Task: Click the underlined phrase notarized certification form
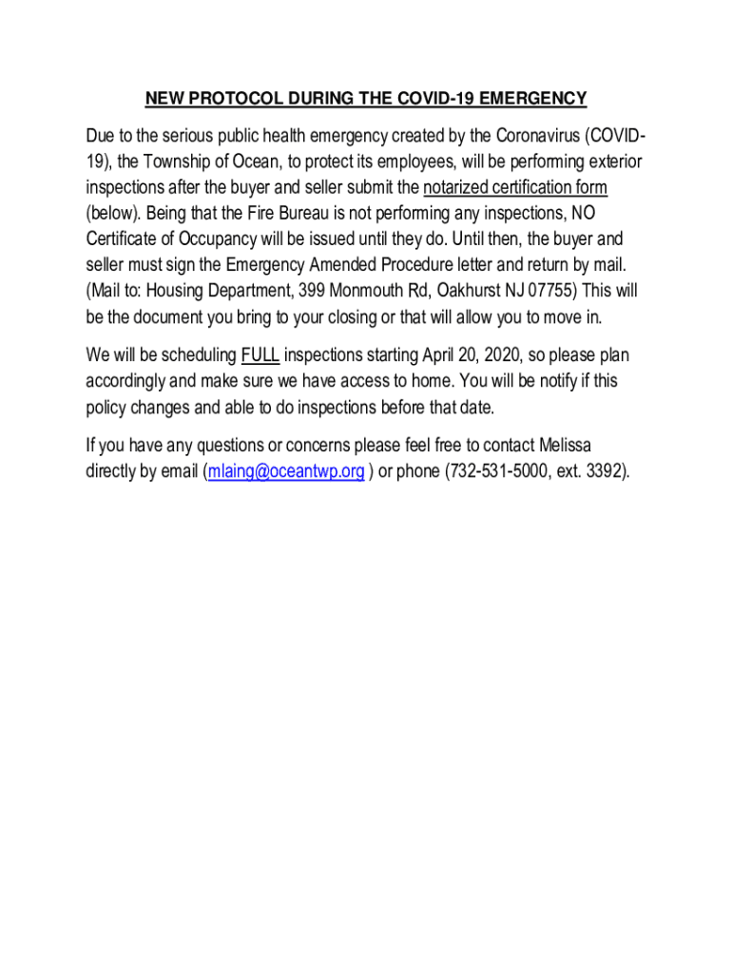[x=515, y=186]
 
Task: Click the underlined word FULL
[x=260, y=356]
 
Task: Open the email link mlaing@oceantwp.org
[x=285, y=471]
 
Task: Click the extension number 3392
[x=600, y=471]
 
